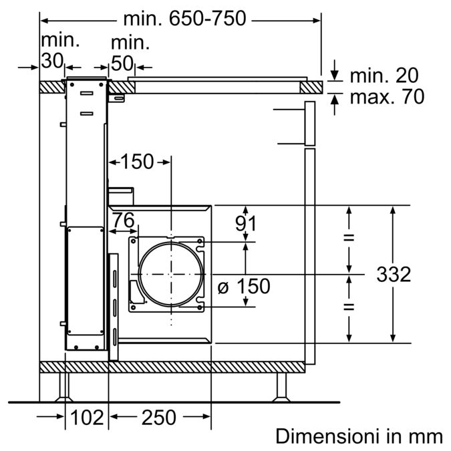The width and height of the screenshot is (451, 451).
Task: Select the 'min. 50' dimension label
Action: [x=130, y=53]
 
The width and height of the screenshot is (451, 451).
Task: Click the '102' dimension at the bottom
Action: [x=87, y=418]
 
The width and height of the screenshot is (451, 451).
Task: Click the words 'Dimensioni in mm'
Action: [x=359, y=436]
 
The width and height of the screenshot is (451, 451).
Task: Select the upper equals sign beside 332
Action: [x=348, y=239]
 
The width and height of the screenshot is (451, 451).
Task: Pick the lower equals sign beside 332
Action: [x=348, y=307]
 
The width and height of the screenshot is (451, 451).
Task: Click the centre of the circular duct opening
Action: [x=170, y=275]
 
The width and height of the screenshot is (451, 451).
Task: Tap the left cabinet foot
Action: [x=64, y=386]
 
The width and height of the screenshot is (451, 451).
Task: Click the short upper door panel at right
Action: [x=309, y=124]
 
